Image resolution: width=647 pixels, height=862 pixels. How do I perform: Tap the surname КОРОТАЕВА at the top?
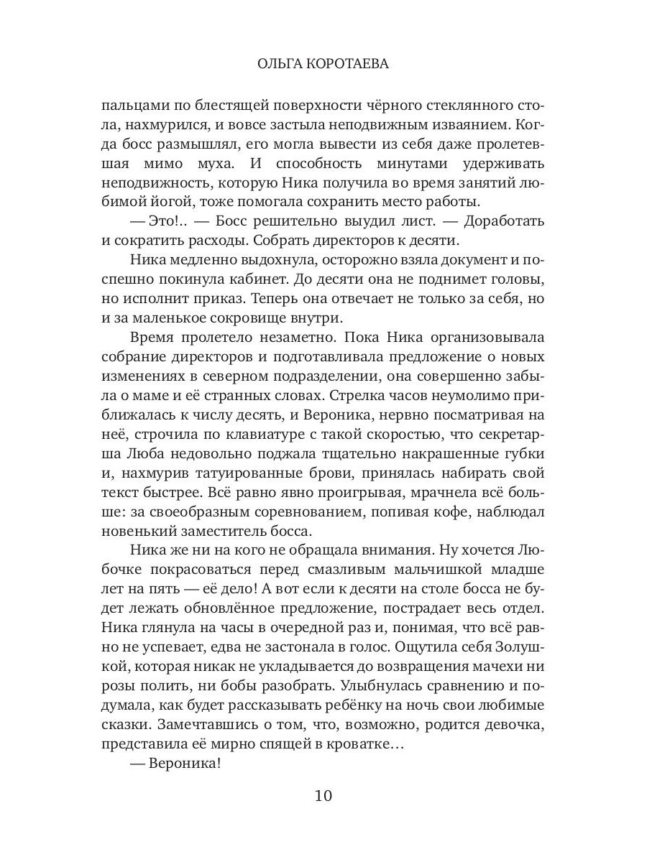(x=349, y=64)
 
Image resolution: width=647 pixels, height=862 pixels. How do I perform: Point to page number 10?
(x=323, y=795)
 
